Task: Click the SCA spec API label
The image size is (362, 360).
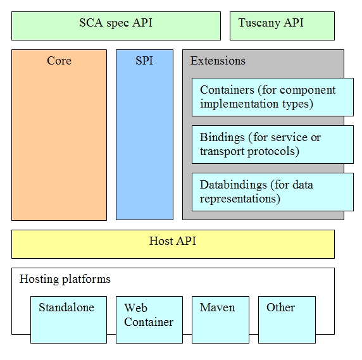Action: pos(116,23)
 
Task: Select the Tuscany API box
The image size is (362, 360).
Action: pos(282,26)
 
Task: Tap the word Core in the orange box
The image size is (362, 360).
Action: pos(59,61)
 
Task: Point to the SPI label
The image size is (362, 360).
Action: pos(144,61)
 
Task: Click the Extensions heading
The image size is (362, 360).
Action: pos(218,61)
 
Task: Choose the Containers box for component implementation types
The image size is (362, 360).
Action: pos(273,97)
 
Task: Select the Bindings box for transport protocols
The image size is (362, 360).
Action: pos(273,144)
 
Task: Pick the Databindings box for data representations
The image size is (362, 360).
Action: pos(273,192)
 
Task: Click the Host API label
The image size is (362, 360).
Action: pos(173,241)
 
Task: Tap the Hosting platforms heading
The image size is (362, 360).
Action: pos(65,279)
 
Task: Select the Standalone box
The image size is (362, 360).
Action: pos(68,320)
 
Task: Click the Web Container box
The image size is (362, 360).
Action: pos(149,320)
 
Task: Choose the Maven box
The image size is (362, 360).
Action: pos(220,320)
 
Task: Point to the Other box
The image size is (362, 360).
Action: pos(287,320)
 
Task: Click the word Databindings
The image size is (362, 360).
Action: pos(233,185)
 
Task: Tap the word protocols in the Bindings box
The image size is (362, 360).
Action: pos(273,152)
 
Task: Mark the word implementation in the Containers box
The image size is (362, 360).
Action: pos(239,104)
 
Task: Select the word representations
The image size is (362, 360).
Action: pos(240,199)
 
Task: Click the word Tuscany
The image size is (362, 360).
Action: pos(259,23)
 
